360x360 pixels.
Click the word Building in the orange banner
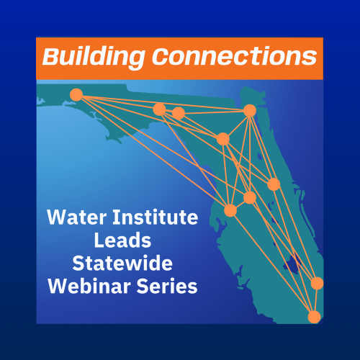click(x=94, y=58)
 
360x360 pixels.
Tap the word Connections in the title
click(x=235, y=57)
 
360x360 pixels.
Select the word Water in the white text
click(x=77, y=217)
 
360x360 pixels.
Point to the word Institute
click(x=156, y=217)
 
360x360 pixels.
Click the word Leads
click(x=122, y=240)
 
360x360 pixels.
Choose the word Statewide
click(x=122, y=264)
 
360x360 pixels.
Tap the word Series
click(x=167, y=287)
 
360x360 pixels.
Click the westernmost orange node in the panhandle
click(x=76, y=94)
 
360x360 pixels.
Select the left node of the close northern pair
click(x=159, y=109)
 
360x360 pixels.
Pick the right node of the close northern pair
click(x=179, y=113)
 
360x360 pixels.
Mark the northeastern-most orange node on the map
click(x=250, y=111)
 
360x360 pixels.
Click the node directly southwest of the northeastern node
click(x=223, y=139)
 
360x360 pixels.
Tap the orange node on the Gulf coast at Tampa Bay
click(x=230, y=210)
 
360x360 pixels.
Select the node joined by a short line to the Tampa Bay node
click(x=250, y=197)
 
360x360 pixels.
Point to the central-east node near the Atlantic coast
click(x=274, y=184)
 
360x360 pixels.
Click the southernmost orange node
click(x=314, y=317)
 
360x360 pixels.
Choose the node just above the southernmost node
click(x=317, y=283)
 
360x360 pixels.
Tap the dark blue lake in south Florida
click(x=292, y=264)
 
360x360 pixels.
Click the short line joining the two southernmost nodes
click(x=315, y=300)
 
